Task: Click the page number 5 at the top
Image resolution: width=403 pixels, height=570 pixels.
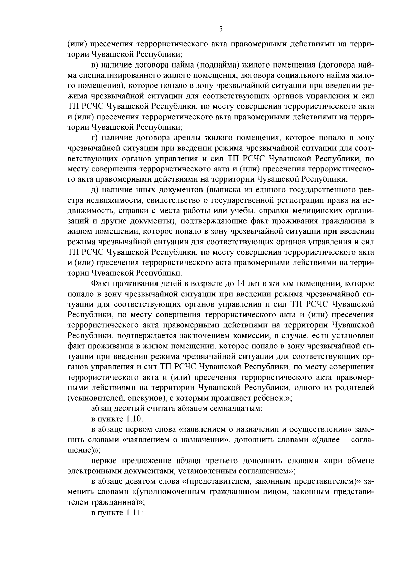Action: (x=221, y=29)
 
